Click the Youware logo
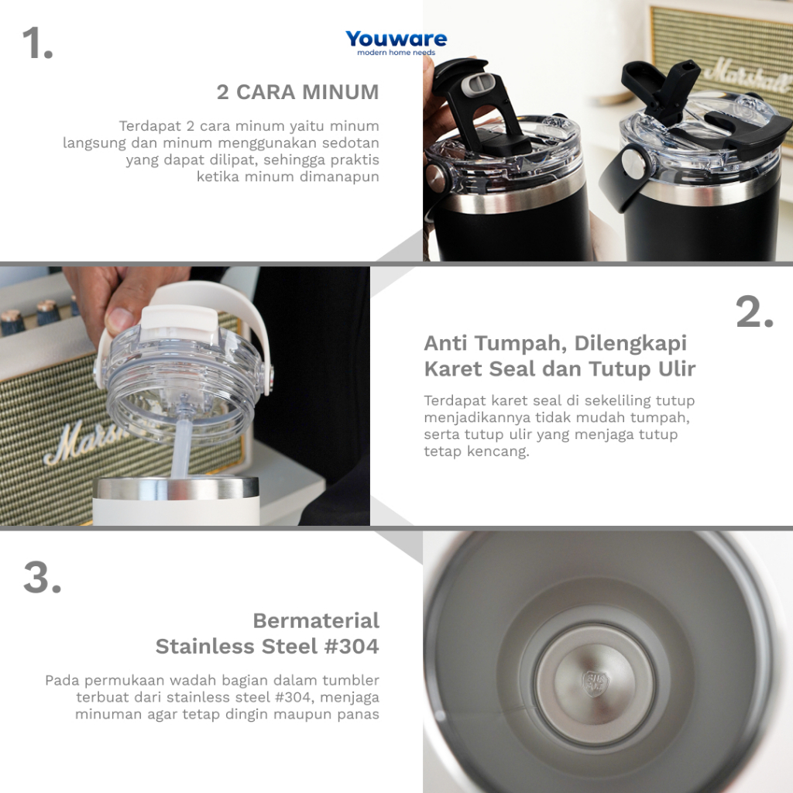pyautogui.click(x=396, y=43)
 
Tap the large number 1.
pyautogui.click(x=37, y=43)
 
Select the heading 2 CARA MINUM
pyautogui.click(x=297, y=92)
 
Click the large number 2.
pyautogui.click(x=754, y=312)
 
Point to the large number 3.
pyautogui.click(x=42, y=577)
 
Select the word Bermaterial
pyautogui.click(x=316, y=620)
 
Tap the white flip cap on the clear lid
pyautogui.click(x=179, y=324)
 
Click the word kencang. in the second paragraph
pyautogui.click(x=498, y=451)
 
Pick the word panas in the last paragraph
pyautogui.click(x=359, y=715)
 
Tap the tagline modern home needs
pyautogui.click(x=396, y=53)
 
